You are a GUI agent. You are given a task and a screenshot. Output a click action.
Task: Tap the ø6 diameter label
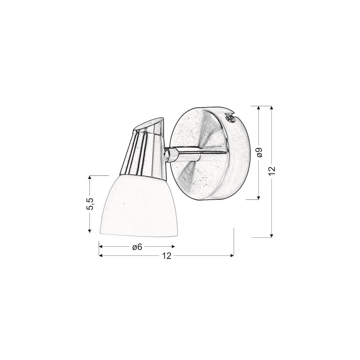pos(137,247)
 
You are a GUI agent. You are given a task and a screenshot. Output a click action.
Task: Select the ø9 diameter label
pos(260,152)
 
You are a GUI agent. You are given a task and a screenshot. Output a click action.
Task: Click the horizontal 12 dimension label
pos(166,256)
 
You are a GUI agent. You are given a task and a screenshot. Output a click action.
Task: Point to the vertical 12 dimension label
pos(272,171)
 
